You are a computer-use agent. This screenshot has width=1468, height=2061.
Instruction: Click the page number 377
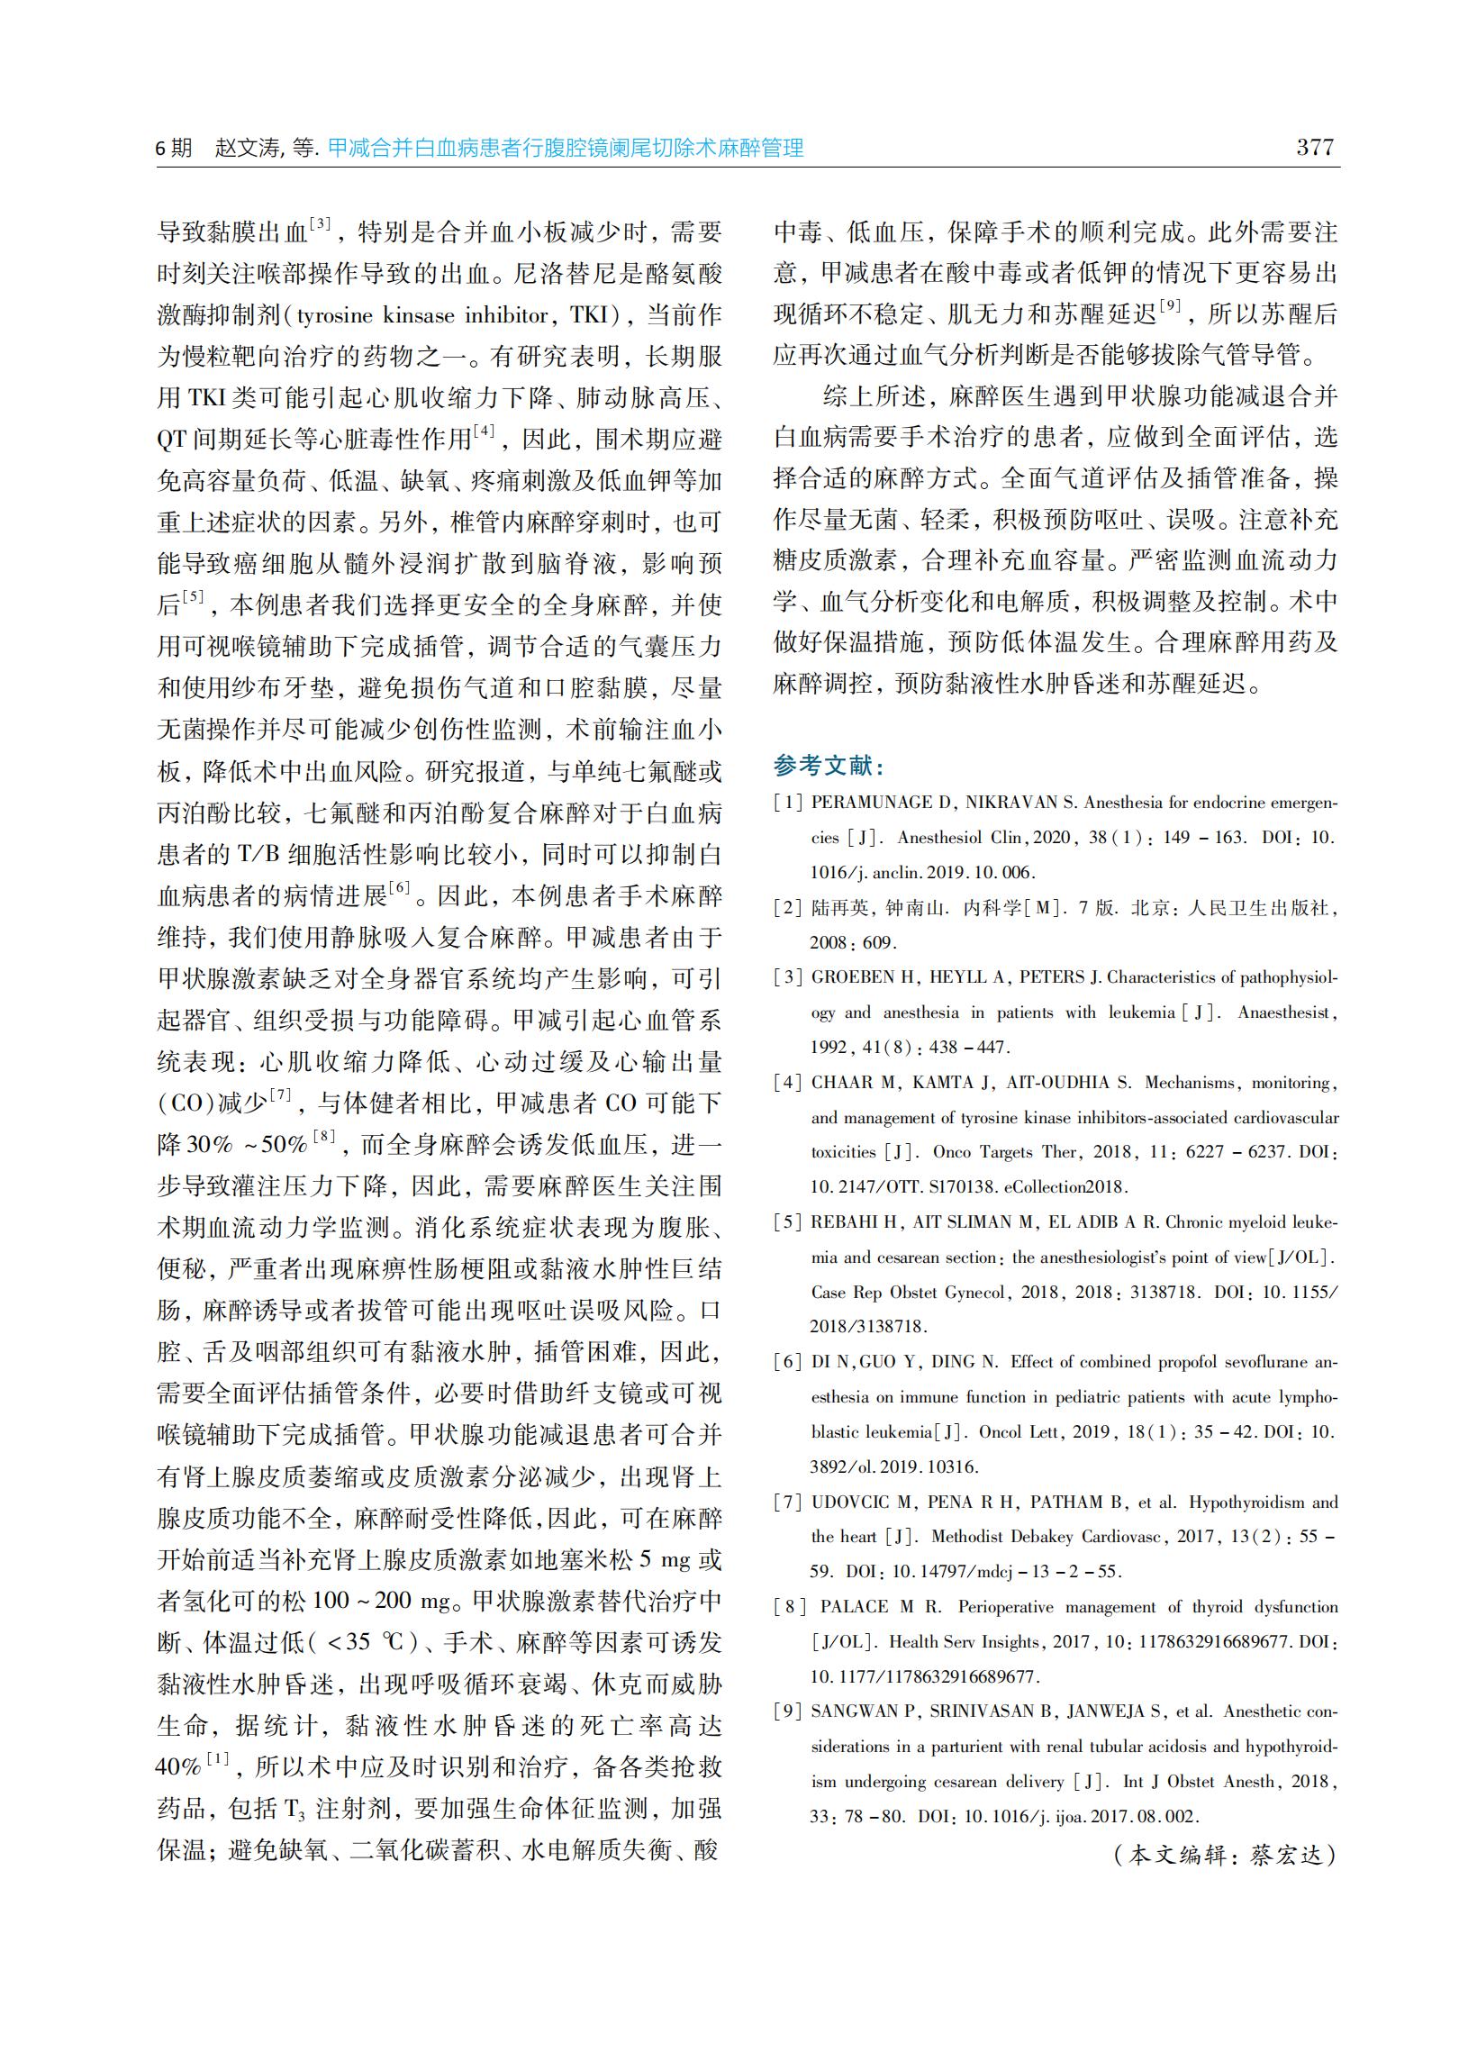pos(1314,148)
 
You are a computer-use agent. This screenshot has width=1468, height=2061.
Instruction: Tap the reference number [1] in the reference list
pos(788,803)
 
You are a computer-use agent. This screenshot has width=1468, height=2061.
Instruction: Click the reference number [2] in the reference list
pos(788,908)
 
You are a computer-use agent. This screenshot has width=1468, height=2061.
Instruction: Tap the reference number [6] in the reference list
pos(788,1362)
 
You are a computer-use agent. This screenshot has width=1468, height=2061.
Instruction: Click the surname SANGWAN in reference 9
pos(854,1711)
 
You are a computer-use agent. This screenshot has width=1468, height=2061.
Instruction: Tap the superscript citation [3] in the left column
pos(320,223)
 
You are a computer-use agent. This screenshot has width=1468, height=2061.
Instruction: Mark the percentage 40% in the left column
pos(179,1766)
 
